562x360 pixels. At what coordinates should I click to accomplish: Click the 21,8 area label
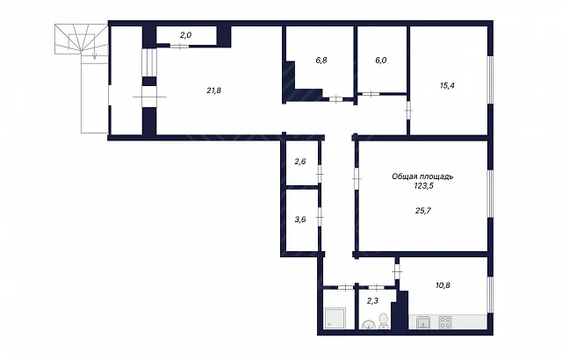(x=213, y=90)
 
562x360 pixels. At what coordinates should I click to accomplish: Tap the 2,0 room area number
(x=185, y=35)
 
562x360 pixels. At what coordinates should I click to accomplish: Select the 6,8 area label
(x=321, y=61)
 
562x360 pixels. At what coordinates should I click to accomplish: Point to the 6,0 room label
(x=381, y=61)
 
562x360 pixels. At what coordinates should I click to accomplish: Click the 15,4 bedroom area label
(x=447, y=86)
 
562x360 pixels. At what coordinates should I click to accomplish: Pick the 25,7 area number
(x=423, y=211)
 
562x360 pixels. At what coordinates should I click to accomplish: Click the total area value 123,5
(x=423, y=185)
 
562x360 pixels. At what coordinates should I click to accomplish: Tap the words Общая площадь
(x=422, y=176)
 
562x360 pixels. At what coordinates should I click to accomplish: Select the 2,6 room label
(x=300, y=162)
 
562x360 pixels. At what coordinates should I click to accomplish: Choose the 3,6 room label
(x=300, y=220)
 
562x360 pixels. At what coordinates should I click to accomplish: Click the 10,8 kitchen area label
(x=443, y=285)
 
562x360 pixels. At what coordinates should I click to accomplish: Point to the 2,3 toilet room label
(x=372, y=301)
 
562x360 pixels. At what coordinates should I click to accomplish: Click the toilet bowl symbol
(x=384, y=320)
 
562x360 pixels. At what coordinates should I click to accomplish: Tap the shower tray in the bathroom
(x=335, y=319)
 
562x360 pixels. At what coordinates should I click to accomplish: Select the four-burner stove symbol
(x=445, y=321)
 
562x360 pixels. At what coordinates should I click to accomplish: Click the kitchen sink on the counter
(x=424, y=322)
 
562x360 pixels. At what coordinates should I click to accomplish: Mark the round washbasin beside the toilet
(x=368, y=325)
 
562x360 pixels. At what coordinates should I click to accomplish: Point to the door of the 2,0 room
(x=179, y=46)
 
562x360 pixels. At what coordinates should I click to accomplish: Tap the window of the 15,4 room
(x=490, y=80)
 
